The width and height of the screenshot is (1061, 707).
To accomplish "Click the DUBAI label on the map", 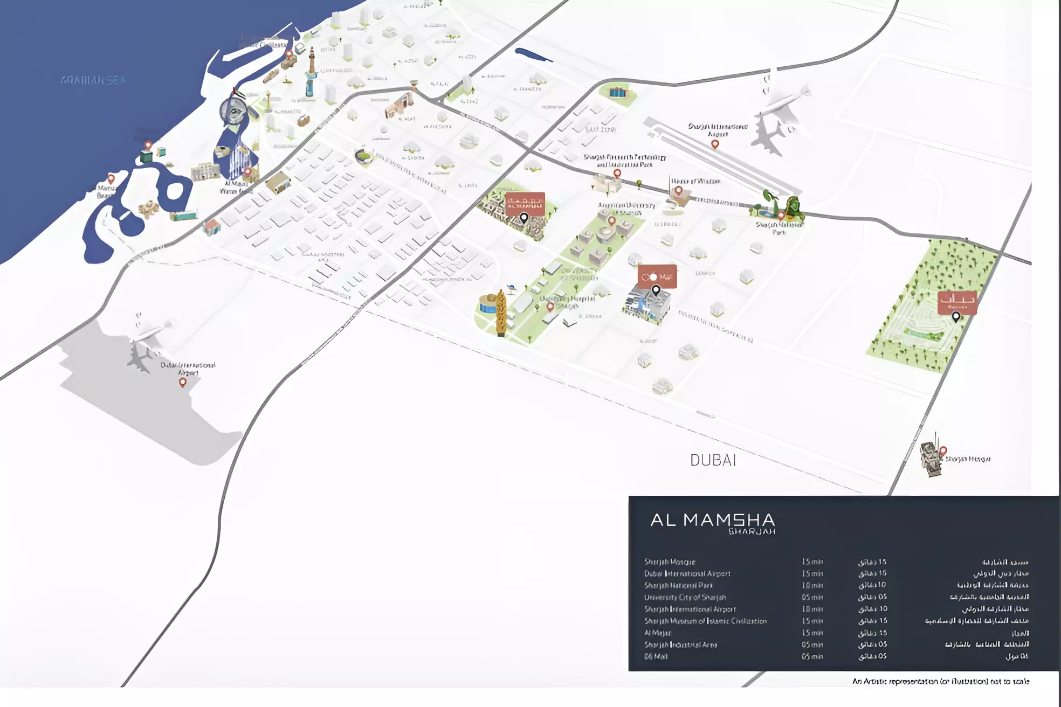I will coord(713,460).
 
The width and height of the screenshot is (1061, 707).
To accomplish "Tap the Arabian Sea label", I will coord(93,80).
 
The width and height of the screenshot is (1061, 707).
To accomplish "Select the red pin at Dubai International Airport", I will coord(183,382).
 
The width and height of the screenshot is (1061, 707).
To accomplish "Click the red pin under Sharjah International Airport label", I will coord(715,144).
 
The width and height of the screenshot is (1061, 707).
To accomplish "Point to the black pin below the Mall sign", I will coord(656,290).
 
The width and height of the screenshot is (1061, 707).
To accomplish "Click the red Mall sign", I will coord(657,276).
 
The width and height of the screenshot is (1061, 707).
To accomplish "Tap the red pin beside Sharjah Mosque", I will coord(943,450).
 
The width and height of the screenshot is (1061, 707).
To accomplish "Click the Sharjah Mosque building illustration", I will coord(930,459).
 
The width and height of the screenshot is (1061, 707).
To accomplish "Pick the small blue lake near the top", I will coord(533,54).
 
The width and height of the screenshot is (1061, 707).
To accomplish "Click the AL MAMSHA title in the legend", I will coord(712,520).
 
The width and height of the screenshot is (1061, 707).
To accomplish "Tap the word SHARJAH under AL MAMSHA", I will coord(752,531).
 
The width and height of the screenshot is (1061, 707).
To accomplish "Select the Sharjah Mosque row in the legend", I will coord(670,562).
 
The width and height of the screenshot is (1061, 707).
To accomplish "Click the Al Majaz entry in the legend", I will coord(658,633).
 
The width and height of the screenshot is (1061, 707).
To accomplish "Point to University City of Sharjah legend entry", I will coord(685,597).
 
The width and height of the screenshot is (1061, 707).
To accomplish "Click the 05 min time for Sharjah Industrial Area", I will coord(812,644).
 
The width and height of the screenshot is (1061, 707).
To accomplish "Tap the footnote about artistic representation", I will coord(940,682).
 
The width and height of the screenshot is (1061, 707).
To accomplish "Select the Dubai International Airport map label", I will coord(188,369).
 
